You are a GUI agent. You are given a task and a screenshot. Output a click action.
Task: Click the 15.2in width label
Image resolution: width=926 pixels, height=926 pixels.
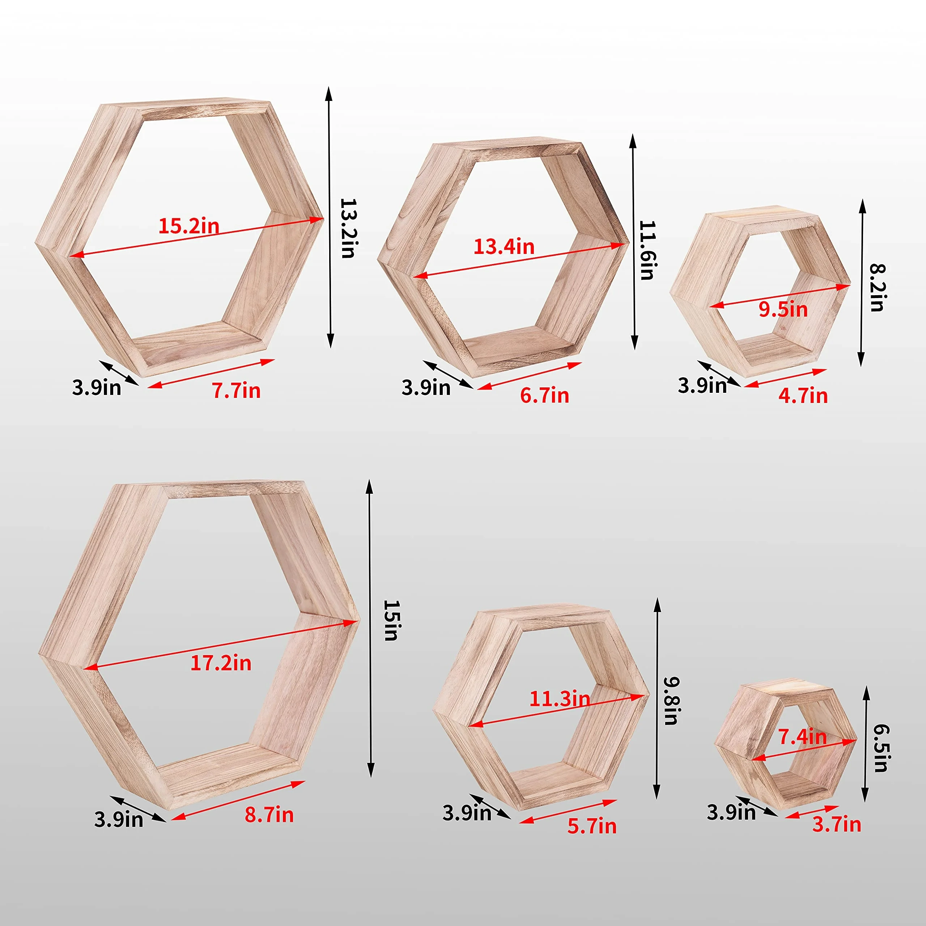(189, 225)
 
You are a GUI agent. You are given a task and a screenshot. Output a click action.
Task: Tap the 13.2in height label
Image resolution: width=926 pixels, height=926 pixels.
(348, 229)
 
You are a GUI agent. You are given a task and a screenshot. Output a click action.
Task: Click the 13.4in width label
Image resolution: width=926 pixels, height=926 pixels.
(504, 246)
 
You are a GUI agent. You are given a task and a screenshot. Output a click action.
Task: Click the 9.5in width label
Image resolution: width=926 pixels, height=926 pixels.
(783, 309)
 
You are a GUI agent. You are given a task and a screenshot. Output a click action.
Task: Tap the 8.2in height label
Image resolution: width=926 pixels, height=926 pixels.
(877, 288)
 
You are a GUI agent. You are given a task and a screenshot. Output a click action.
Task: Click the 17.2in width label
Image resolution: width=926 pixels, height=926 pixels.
(221, 663)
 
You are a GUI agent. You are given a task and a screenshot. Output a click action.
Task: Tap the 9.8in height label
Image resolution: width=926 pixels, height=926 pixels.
(671, 700)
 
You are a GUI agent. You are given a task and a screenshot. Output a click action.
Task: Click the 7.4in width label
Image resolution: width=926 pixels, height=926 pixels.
(802, 737)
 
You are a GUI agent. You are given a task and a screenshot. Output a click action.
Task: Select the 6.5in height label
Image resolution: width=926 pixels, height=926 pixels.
(880, 748)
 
